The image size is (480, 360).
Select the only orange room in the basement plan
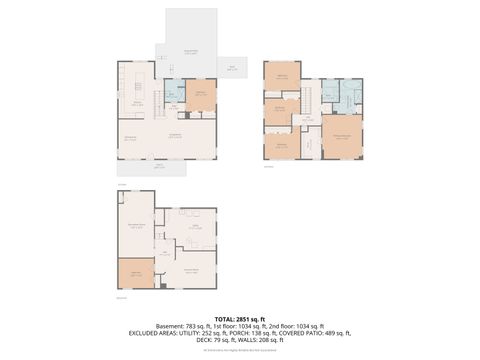click(136, 273)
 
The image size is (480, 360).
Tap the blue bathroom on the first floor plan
click(173, 90)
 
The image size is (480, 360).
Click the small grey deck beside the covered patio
click(233, 68)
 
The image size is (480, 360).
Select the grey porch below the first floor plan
click(158, 167)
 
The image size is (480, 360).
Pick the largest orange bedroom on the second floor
click(341, 135)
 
